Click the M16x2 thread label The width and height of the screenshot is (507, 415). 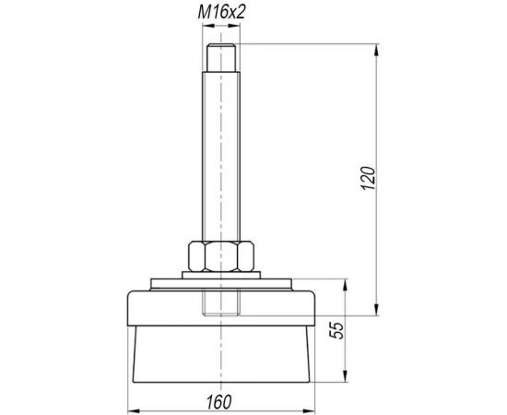pos(221,12)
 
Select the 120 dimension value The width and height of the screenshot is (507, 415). pos(369,178)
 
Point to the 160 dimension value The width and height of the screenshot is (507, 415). pos(218,402)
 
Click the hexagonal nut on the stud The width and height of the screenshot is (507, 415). pos(221,256)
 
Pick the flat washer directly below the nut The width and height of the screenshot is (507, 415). pos(221,275)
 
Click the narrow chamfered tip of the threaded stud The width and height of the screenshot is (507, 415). pos(221,57)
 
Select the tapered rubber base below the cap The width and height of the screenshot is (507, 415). pos(221,354)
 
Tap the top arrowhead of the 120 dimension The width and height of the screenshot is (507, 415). pos(376,51)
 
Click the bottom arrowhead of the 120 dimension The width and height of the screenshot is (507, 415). pos(376,309)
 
